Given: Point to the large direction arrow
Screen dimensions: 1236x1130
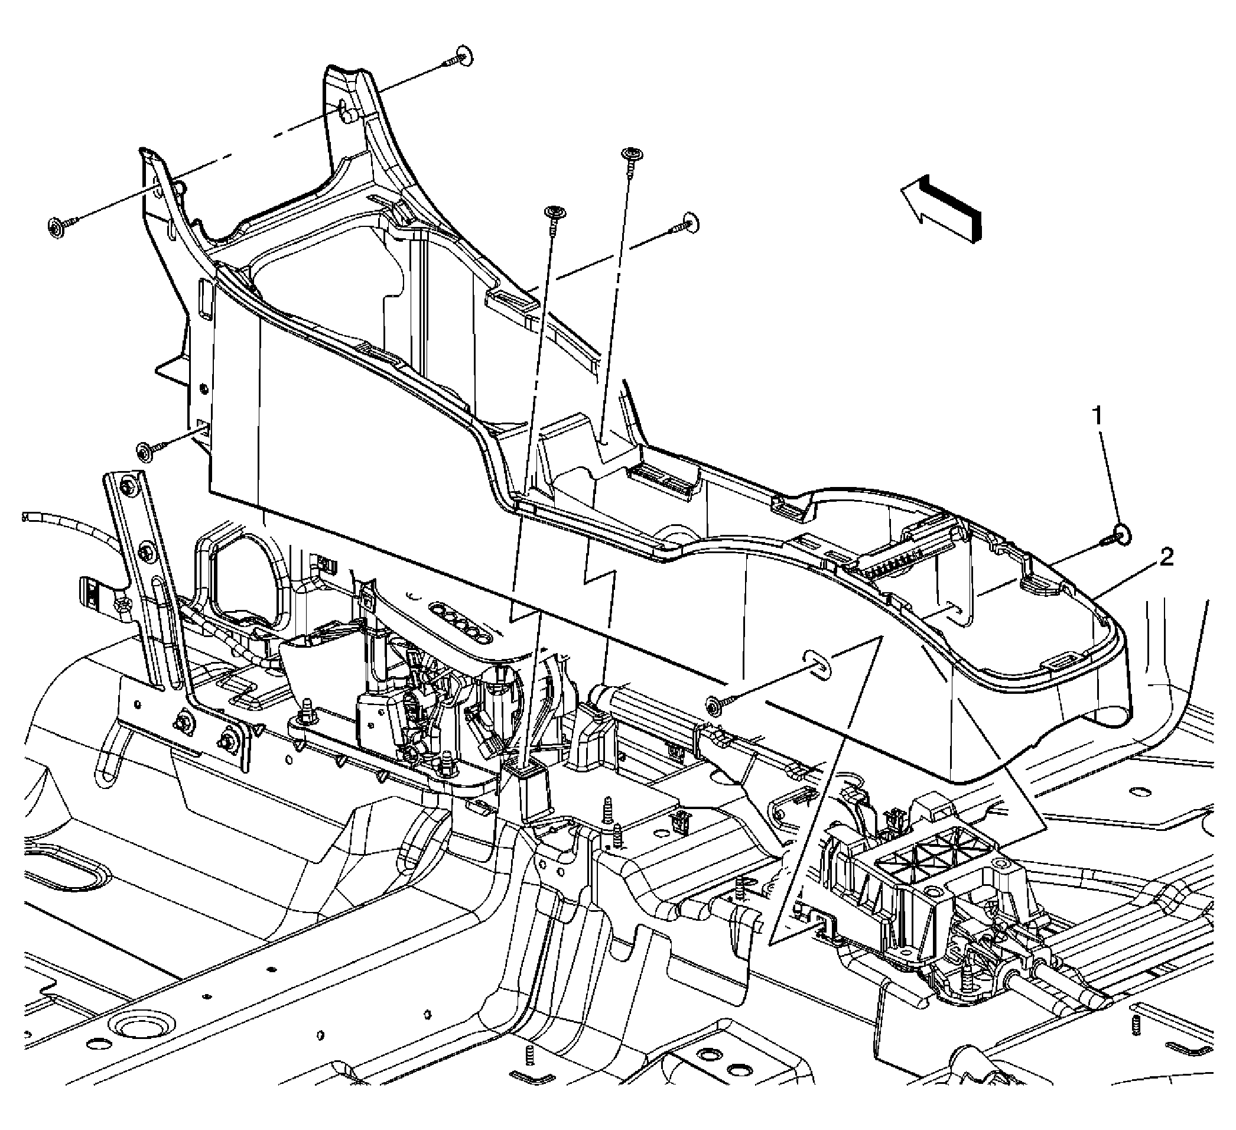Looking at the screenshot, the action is (941, 209).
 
